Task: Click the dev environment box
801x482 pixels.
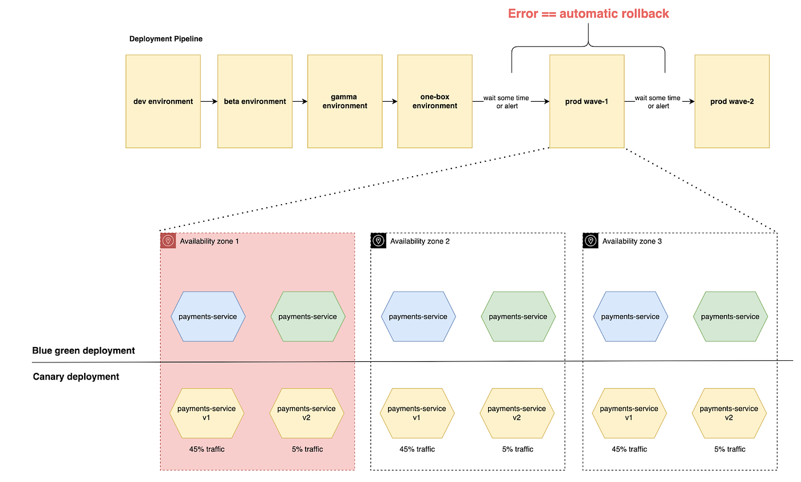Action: click(163, 101)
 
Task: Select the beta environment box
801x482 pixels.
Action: click(255, 101)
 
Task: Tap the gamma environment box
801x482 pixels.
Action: click(344, 101)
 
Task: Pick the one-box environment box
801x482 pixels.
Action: click(435, 101)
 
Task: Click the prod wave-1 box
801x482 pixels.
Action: click(587, 101)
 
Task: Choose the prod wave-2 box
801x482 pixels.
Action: click(732, 101)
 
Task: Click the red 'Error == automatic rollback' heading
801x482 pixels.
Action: click(588, 14)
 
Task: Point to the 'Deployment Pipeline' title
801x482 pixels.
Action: click(166, 38)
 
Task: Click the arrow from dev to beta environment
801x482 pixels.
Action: click(209, 101)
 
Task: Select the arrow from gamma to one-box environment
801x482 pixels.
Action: click(390, 101)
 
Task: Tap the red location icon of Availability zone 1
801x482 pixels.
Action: click(168, 241)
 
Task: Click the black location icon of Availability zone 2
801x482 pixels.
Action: click(378, 241)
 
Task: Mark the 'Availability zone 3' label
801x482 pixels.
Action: click(632, 241)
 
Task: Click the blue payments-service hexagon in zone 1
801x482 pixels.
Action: click(208, 317)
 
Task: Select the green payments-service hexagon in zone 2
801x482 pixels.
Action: click(518, 317)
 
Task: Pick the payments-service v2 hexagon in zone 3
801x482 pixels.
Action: click(729, 413)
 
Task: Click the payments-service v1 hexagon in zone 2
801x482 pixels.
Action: click(417, 413)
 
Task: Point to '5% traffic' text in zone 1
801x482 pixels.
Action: click(307, 449)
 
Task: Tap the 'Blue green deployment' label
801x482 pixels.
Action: click(84, 350)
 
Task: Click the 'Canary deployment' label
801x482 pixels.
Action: click(76, 377)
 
